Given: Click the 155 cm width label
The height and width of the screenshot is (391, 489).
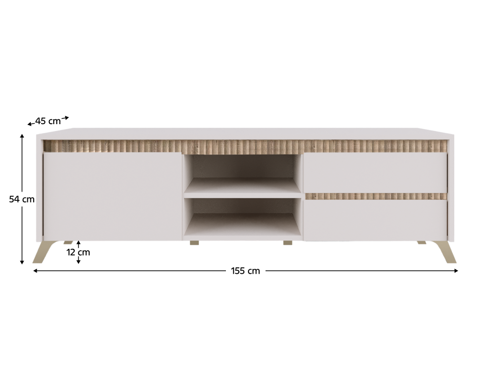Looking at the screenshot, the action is pyautogui.click(x=245, y=271).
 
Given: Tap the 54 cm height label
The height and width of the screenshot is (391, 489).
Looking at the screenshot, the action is pyautogui.click(x=22, y=199).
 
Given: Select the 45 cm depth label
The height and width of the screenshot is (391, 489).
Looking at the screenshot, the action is pyautogui.click(x=48, y=121).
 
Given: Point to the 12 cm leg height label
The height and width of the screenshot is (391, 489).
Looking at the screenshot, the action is pyautogui.click(x=78, y=252).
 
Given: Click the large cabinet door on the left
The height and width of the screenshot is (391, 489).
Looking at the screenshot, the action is pyautogui.click(x=112, y=196).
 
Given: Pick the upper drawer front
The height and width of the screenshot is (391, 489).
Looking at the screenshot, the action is pyautogui.click(x=375, y=173).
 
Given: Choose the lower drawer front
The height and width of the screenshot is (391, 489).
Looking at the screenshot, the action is pyautogui.click(x=375, y=220).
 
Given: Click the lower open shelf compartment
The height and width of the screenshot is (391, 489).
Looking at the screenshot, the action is pyautogui.click(x=243, y=217).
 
